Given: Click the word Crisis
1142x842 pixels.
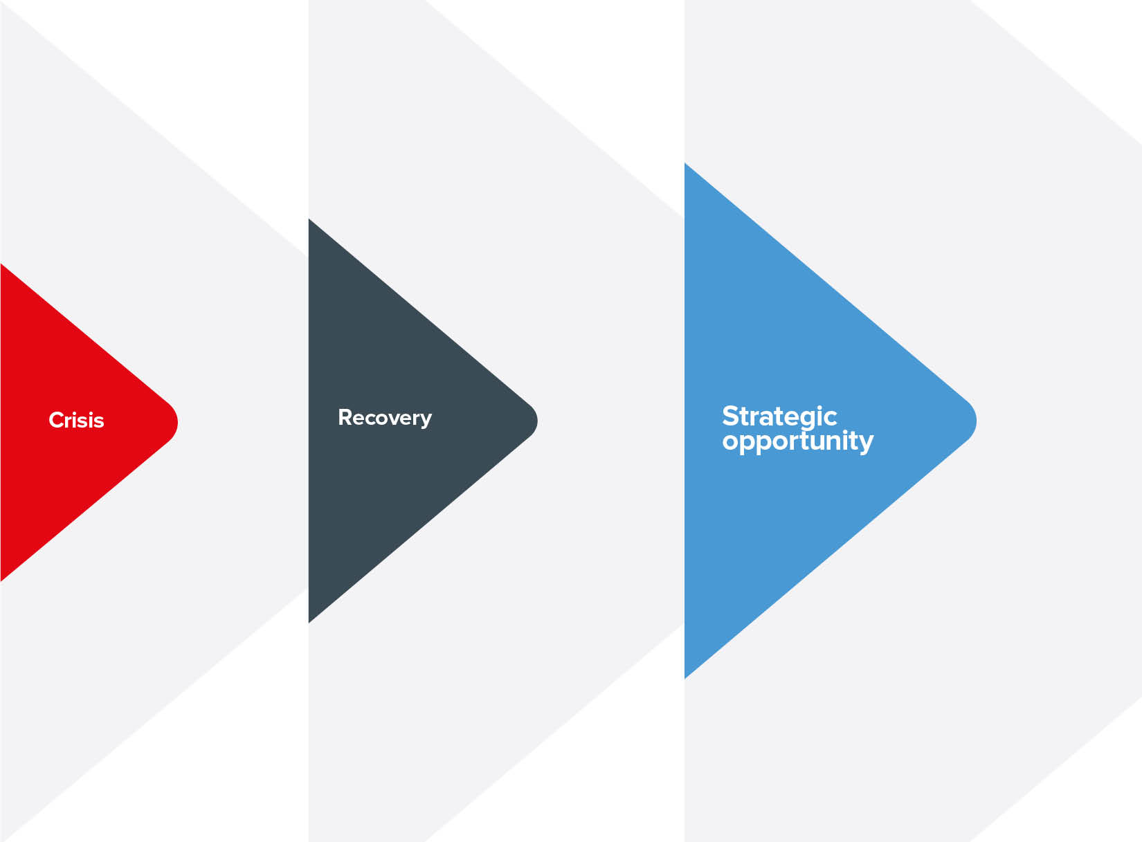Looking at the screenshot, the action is point(76,421).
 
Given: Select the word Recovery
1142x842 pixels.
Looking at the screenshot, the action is point(385,419).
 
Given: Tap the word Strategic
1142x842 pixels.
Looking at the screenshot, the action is point(779,417).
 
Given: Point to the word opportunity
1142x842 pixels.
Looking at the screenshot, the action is point(798,441).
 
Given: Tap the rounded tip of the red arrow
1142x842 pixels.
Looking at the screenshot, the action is point(177,422).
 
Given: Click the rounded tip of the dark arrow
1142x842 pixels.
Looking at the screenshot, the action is point(537,421).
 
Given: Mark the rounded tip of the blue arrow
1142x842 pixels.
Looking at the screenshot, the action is point(976,421).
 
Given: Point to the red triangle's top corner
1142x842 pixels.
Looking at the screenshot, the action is point(1,264).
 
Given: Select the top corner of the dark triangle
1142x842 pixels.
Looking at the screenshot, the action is point(309,220).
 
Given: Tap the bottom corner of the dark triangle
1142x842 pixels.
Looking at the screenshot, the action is point(309,623).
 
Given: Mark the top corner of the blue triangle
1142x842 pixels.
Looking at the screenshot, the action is point(685,163).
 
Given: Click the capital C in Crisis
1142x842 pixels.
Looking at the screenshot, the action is point(56,421).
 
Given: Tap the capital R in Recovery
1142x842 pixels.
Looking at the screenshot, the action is point(345,417).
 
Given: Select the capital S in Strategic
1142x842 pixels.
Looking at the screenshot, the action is point(731,417).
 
